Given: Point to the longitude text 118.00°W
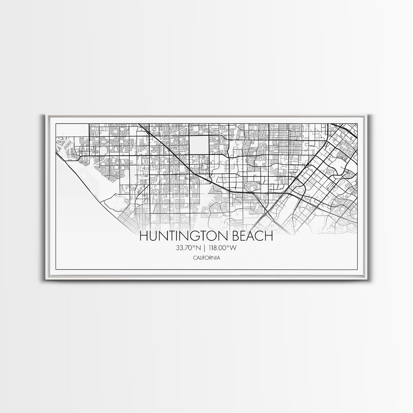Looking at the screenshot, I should point(222,248).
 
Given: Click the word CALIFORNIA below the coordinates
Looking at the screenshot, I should point(206,258).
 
